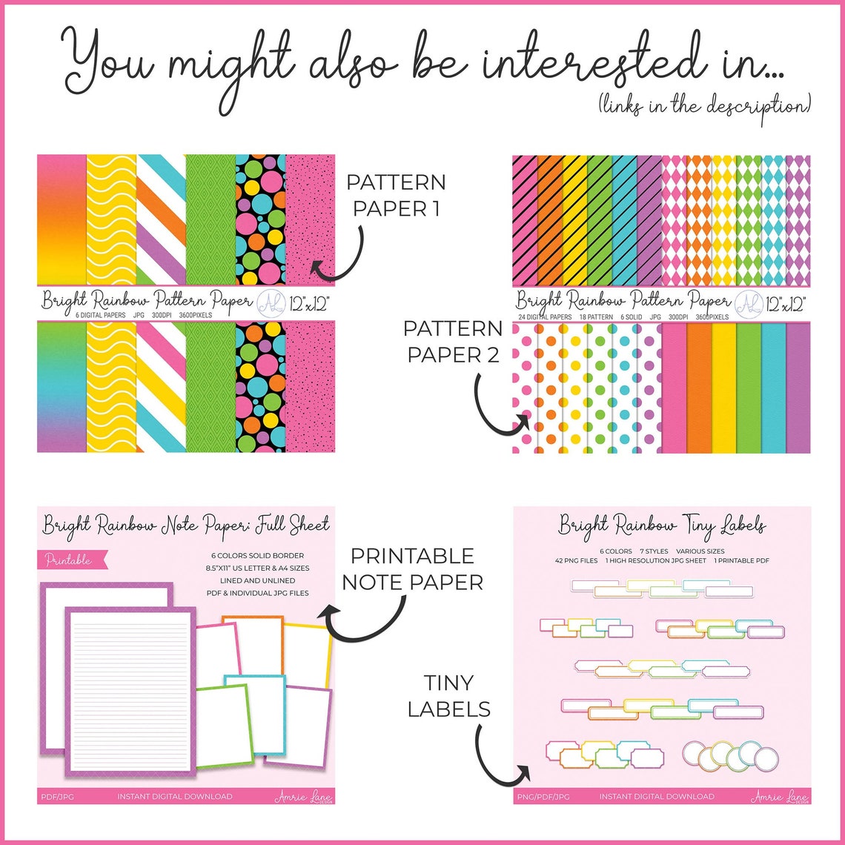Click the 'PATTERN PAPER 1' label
pos(396,195)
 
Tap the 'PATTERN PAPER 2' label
pos(454,342)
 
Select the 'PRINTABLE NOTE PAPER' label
pos(412,569)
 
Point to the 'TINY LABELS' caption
pos(448,695)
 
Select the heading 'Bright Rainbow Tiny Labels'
pos(661,526)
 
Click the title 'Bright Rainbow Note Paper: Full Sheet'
pos(185,525)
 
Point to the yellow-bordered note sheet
pos(308,652)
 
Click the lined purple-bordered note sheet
pos(130,689)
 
